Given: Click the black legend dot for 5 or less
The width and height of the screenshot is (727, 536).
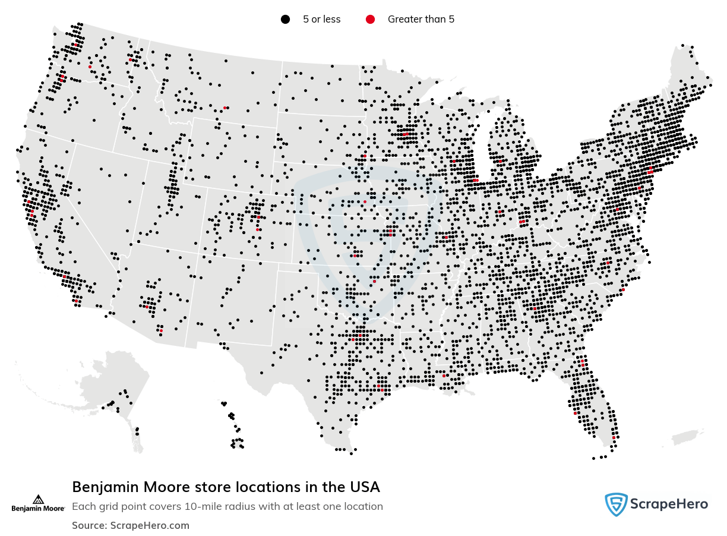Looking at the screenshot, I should coord(285,20).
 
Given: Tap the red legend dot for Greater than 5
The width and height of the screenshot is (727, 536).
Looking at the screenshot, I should coord(370,20).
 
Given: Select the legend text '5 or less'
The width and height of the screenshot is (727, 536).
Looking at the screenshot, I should coord(321,20).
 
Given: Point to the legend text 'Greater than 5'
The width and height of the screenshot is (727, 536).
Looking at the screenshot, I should coord(421,20).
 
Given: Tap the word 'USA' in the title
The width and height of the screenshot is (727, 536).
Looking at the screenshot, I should coord(364,487).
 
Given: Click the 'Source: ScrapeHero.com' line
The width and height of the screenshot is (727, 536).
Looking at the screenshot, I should coord(131,525).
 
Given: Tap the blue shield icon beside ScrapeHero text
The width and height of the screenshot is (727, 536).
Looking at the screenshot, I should coord(616,505).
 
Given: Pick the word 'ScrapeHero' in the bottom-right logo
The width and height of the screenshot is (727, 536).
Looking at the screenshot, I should coord(670,505).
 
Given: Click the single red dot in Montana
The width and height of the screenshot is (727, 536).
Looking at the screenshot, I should coord(225,108).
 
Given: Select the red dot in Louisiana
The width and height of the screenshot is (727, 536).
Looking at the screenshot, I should coord(444,376).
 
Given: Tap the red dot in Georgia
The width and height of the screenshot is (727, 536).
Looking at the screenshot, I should coord(535,308).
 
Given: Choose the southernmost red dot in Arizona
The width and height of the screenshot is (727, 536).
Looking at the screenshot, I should coord(161,330).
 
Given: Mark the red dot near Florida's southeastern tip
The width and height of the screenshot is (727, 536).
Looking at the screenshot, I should coord(614,438).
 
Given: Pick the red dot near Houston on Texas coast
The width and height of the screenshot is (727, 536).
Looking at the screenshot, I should coord(378,386).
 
